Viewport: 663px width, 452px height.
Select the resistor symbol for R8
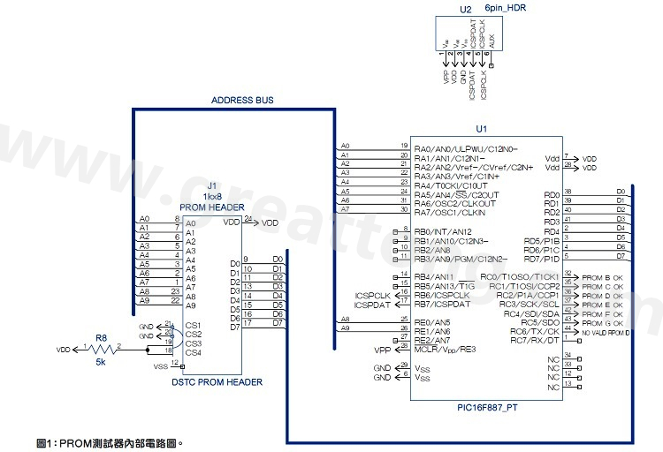click(x=101, y=350)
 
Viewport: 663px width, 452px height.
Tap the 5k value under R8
click(x=101, y=362)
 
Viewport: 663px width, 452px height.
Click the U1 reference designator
click(x=482, y=129)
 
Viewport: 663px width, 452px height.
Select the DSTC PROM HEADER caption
click(x=217, y=382)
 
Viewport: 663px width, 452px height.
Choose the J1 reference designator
click(x=211, y=186)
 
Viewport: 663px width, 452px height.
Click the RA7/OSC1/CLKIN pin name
click(x=450, y=211)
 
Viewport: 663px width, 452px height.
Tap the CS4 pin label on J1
click(x=194, y=353)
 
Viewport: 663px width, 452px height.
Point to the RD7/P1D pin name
click(x=542, y=259)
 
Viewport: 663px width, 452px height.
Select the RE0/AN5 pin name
click(x=432, y=322)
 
